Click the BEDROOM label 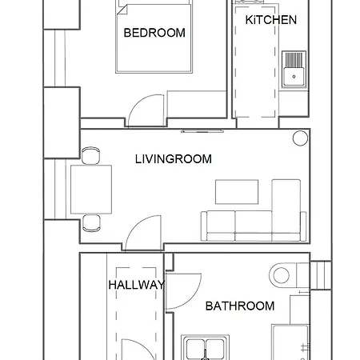point(154,33)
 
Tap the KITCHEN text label point(271,20)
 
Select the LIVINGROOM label point(174,159)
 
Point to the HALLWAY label point(137,285)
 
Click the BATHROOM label point(240,306)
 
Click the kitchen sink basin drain point(294,77)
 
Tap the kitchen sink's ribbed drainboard point(294,59)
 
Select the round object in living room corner point(300,138)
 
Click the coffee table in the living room point(237,192)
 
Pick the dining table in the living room point(91,190)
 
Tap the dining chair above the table point(90,155)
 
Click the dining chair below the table point(91,223)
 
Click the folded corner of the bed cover point(122,10)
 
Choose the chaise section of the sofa point(286,206)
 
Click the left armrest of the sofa point(204,226)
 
